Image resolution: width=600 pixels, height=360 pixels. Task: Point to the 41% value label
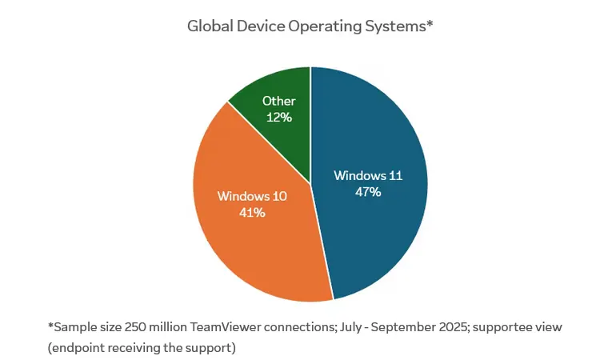pos(252,212)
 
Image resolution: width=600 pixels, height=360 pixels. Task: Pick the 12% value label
pos(278,117)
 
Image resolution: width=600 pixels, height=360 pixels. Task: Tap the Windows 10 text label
pos(252,196)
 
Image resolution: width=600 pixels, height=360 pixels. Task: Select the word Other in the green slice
pos(278,102)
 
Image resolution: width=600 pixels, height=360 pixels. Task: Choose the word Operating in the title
pos(329,26)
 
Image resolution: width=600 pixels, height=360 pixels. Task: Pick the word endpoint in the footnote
pos(78,349)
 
